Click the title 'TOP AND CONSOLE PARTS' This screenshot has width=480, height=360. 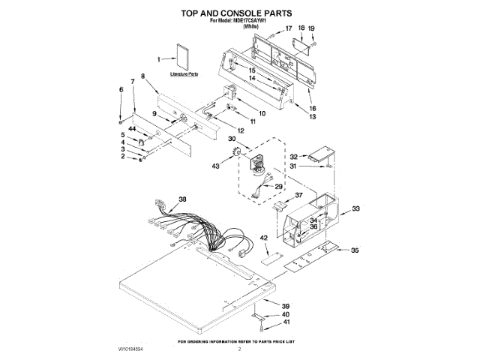click(x=238, y=13)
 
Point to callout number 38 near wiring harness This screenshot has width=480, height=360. click(x=182, y=199)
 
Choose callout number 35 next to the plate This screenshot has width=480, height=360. click(x=355, y=250)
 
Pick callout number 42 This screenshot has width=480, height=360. click(x=263, y=238)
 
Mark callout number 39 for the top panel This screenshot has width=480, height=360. click(x=285, y=306)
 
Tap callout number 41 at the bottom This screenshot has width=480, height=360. click(x=285, y=322)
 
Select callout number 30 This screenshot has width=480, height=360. click(x=232, y=139)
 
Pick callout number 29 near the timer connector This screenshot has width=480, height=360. click(x=279, y=186)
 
